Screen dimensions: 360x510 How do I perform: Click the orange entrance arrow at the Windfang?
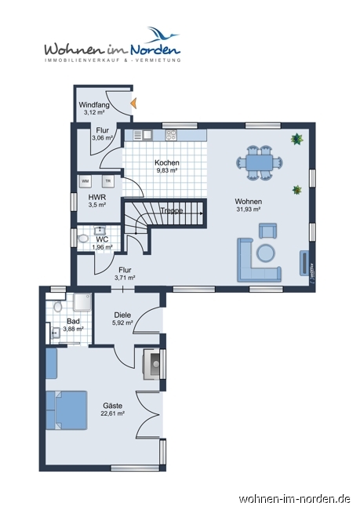tap(133, 104)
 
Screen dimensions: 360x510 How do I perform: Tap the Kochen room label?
tap(167, 162)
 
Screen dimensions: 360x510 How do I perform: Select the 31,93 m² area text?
tap(248, 209)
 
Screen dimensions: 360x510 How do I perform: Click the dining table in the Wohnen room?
tap(259, 162)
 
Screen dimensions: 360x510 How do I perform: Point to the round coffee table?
tap(266, 253)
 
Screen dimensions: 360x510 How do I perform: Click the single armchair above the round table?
tap(267, 231)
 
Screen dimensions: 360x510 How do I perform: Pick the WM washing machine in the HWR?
tap(85, 181)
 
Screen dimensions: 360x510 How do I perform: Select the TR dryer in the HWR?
tap(108, 181)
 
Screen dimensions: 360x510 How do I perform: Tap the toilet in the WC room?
tap(83, 239)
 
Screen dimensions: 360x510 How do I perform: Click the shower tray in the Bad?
tap(82, 302)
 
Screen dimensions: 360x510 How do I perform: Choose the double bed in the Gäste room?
tap(67, 410)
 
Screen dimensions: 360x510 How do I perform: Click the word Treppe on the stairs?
tap(172, 211)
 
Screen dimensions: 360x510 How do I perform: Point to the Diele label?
tap(122, 315)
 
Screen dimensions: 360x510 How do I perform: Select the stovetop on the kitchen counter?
tap(171, 135)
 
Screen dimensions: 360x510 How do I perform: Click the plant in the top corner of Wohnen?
tap(297, 139)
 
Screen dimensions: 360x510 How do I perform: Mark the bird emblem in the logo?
tap(162, 35)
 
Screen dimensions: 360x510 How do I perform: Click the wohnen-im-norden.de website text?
tap(294, 499)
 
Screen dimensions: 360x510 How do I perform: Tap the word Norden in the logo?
tap(155, 50)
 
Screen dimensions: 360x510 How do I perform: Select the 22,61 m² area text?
tap(113, 413)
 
